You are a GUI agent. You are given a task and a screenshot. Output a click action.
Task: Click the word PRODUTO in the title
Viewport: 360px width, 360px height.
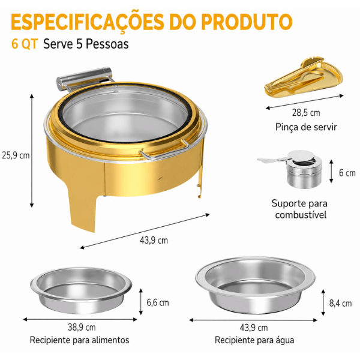247,22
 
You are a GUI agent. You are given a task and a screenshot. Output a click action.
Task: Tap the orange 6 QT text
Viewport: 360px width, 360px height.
25,44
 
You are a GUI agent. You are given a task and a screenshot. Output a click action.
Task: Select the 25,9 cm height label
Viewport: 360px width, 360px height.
16,155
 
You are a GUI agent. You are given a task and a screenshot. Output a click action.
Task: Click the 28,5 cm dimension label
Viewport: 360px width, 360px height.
306,113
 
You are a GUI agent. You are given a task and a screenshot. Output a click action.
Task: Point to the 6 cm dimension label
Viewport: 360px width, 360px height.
347,173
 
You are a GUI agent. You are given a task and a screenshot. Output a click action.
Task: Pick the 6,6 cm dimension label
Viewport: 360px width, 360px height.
158,302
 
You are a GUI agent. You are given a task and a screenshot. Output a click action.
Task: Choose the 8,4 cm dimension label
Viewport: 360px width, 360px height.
340,303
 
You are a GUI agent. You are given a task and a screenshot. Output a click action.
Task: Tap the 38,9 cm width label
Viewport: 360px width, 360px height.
82,327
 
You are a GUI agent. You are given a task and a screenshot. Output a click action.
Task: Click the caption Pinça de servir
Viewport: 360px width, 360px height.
306,127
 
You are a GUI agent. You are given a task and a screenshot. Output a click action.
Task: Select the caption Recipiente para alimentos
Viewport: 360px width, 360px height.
79,340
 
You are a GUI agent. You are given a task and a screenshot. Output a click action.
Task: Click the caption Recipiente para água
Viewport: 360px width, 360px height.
254,340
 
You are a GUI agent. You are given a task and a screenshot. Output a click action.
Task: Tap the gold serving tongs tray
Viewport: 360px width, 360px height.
304,77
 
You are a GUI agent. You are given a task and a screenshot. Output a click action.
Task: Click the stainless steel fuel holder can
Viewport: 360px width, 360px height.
304,170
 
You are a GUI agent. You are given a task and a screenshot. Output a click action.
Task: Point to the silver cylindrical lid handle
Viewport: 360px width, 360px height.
84,78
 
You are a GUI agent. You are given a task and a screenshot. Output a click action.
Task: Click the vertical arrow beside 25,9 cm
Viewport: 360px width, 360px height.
32,151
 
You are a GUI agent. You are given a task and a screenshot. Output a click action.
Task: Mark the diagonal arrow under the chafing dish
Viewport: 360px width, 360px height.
145,231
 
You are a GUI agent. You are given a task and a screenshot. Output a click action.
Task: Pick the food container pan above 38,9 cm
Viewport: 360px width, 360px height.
81,290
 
